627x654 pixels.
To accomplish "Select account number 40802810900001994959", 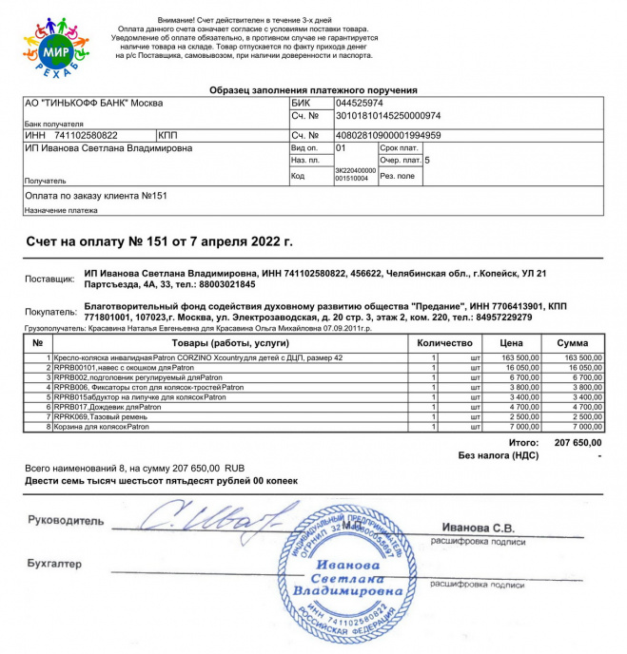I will (x=387, y=135).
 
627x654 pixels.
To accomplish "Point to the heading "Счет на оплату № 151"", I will (x=159, y=242).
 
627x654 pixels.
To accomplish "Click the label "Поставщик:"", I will (x=49, y=279).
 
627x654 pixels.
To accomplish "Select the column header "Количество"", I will (x=444, y=342).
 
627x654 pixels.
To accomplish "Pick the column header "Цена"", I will (x=517, y=342).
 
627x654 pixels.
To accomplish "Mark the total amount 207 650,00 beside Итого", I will (x=578, y=442).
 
